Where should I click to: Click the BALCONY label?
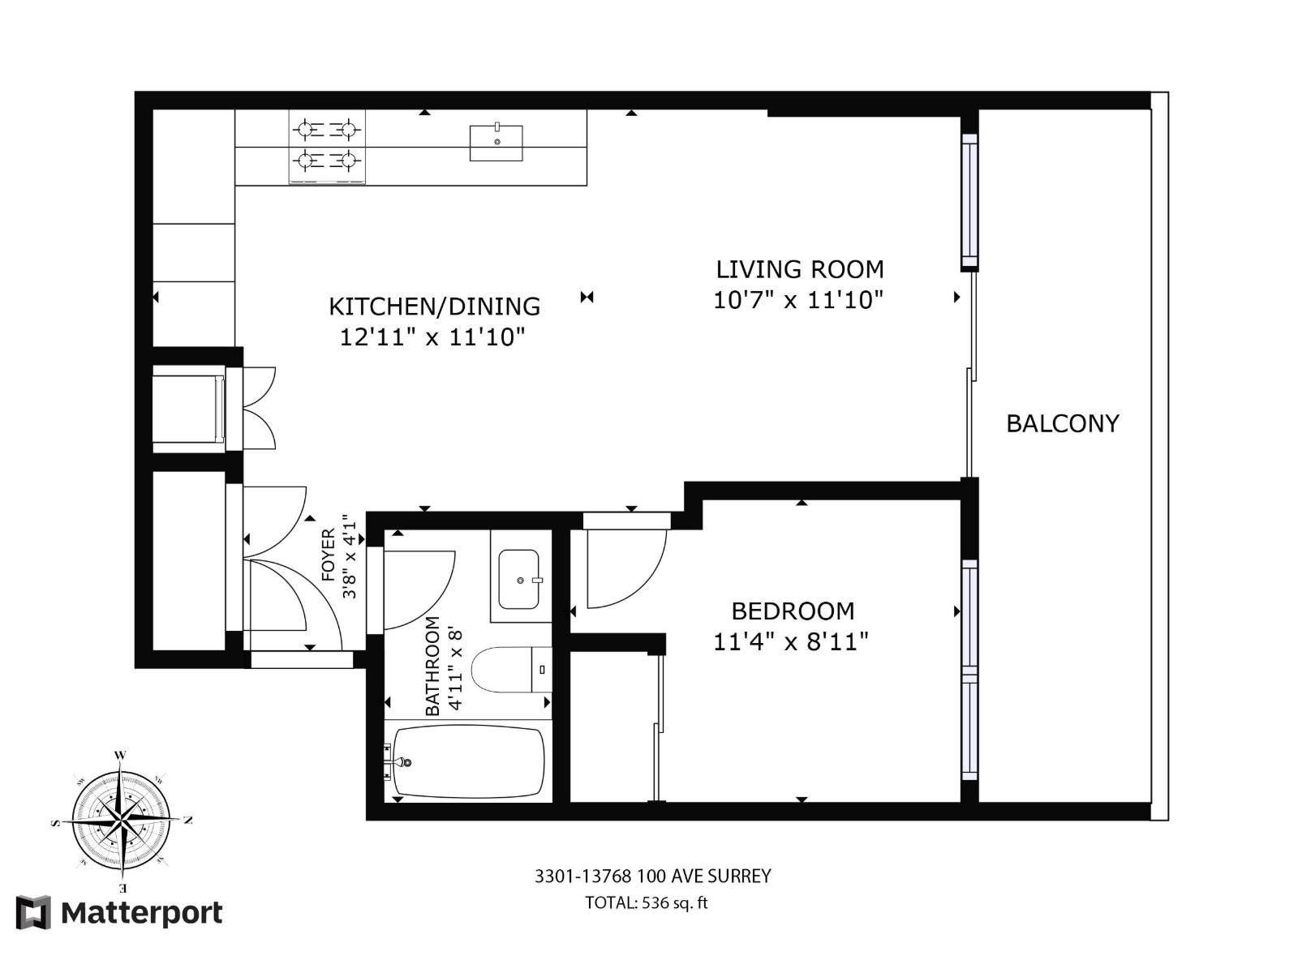(1062, 423)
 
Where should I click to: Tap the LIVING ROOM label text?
(799, 269)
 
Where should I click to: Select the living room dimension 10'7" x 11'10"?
(797, 301)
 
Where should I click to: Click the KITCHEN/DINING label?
(434, 306)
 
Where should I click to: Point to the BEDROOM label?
(793, 611)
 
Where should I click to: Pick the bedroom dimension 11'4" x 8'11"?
(791, 642)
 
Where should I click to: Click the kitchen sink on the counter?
(496, 143)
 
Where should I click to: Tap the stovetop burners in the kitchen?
(327, 147)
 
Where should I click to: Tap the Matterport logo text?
(141, 914)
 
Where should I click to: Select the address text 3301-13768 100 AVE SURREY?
(652, 877)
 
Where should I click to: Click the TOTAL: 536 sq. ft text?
(647, 903)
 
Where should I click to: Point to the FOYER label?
(329, 555)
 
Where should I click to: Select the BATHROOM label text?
(432, 667)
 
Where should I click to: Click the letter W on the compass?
(120, 755)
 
